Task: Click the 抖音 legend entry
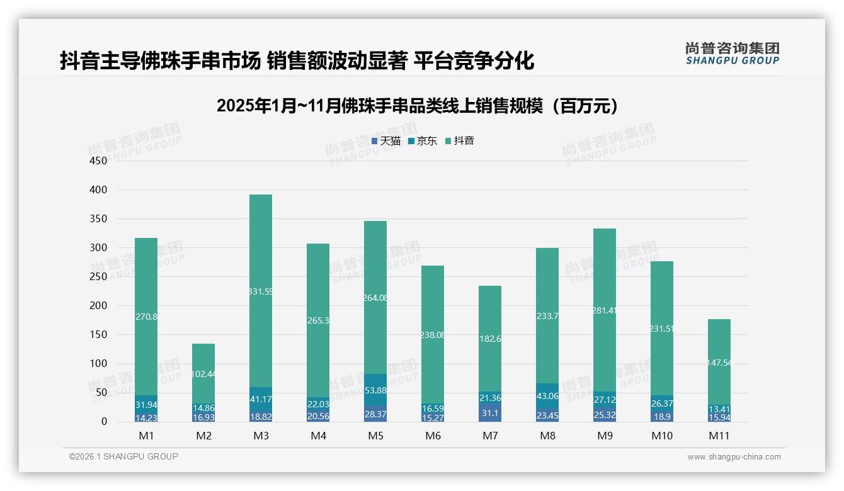(464, 141)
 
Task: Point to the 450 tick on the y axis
(99, 161)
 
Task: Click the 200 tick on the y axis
(99, 306)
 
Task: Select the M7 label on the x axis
(490, 436)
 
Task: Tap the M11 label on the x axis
(719, 436)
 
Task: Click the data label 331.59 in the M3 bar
(261, 291)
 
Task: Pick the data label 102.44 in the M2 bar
(203, 374)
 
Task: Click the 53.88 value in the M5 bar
(375, 390)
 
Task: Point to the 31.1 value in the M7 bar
(490, 413)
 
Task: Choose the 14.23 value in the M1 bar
(146, 417)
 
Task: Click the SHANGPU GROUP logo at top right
(732, 54)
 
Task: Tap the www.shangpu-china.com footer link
(734, 457)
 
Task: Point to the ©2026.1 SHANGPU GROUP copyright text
(123, 456)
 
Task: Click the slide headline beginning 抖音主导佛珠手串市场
(297, 61)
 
